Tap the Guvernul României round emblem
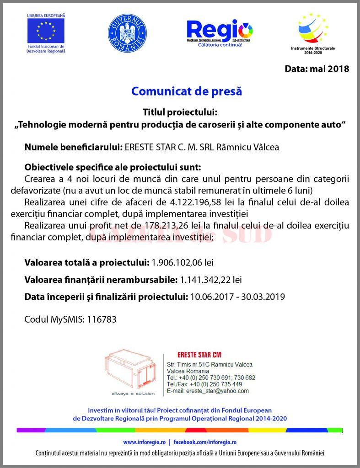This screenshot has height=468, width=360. (127, 33)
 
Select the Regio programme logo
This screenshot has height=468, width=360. (220, 32)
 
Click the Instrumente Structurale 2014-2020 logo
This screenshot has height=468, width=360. (313, 30)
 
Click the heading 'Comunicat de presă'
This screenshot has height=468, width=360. (186, 91)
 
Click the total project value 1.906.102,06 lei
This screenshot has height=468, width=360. (183, 262)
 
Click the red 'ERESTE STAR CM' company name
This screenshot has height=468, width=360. (199, 355)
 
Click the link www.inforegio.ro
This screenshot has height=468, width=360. (144, 442)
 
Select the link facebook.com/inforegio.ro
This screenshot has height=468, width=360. (204, 442)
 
